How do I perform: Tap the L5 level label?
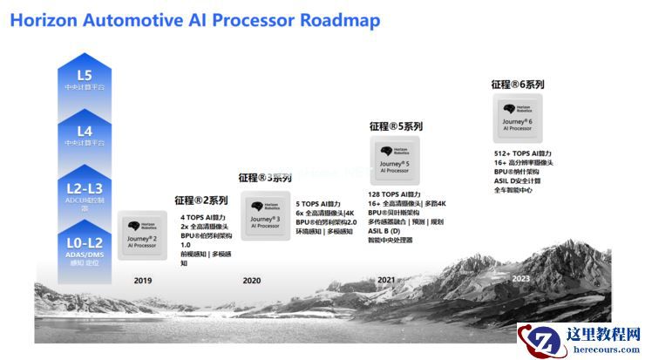click(x=85, y=76)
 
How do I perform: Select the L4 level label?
click(x=85, y=131)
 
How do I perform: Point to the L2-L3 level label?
click(x=85, y=187)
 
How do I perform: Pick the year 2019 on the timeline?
click(x=143, y=281)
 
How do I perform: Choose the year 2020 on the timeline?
click(x=252, y=281)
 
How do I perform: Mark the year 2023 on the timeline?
click(x=520, y=278)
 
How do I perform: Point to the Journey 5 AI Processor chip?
click(x=395, y=159)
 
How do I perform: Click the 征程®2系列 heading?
click(x=200, y=200)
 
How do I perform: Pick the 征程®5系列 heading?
click(x=396, y=126)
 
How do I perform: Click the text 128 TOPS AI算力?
click(x=395, y=194)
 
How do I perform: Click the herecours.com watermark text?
click(x=602, y=350)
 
